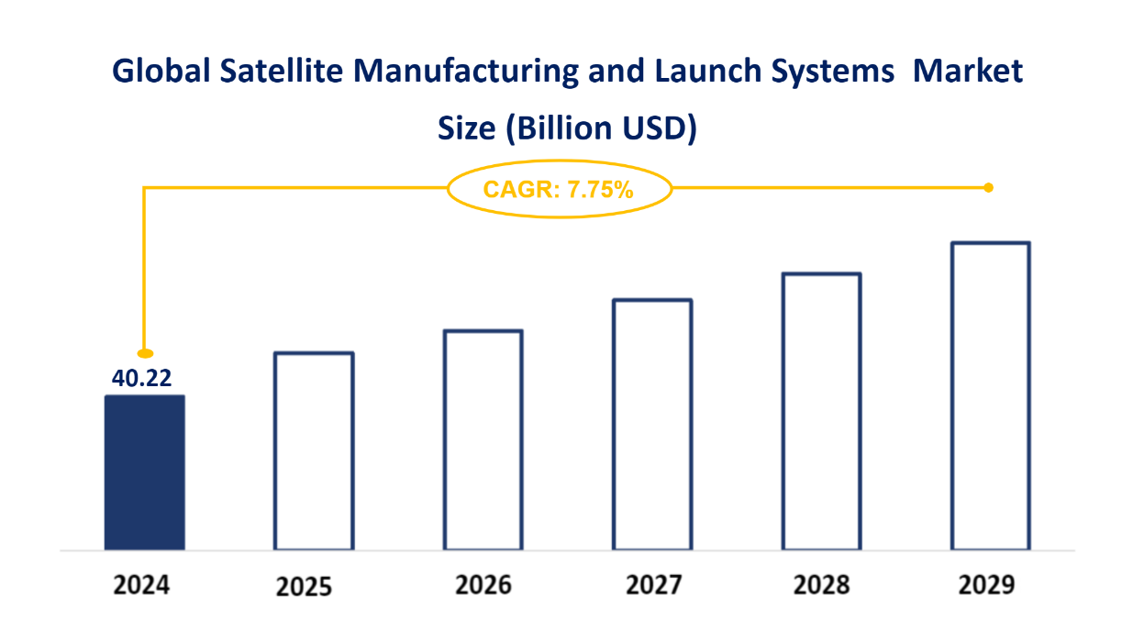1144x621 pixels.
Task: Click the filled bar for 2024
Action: (145, 472)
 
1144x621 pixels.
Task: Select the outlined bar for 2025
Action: (314, 450)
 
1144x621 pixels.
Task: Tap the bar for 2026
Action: (483, 439)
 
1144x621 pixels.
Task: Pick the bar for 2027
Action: (651, 424)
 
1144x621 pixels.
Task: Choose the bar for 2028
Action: (821, 411)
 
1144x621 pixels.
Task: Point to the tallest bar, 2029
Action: (991, 395)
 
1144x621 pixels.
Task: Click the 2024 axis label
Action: (142, 584)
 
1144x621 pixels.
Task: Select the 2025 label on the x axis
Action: (304, 586)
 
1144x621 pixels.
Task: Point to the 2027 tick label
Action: (653, 584)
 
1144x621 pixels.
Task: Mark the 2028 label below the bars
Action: (821, 584)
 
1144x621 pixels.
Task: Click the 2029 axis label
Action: (986, 584)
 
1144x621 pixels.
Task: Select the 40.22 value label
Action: (142, 378)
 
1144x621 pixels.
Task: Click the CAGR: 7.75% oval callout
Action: (559, 190)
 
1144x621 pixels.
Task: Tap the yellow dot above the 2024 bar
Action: (145, 353)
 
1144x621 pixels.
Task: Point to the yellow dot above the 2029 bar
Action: (988, 187)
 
